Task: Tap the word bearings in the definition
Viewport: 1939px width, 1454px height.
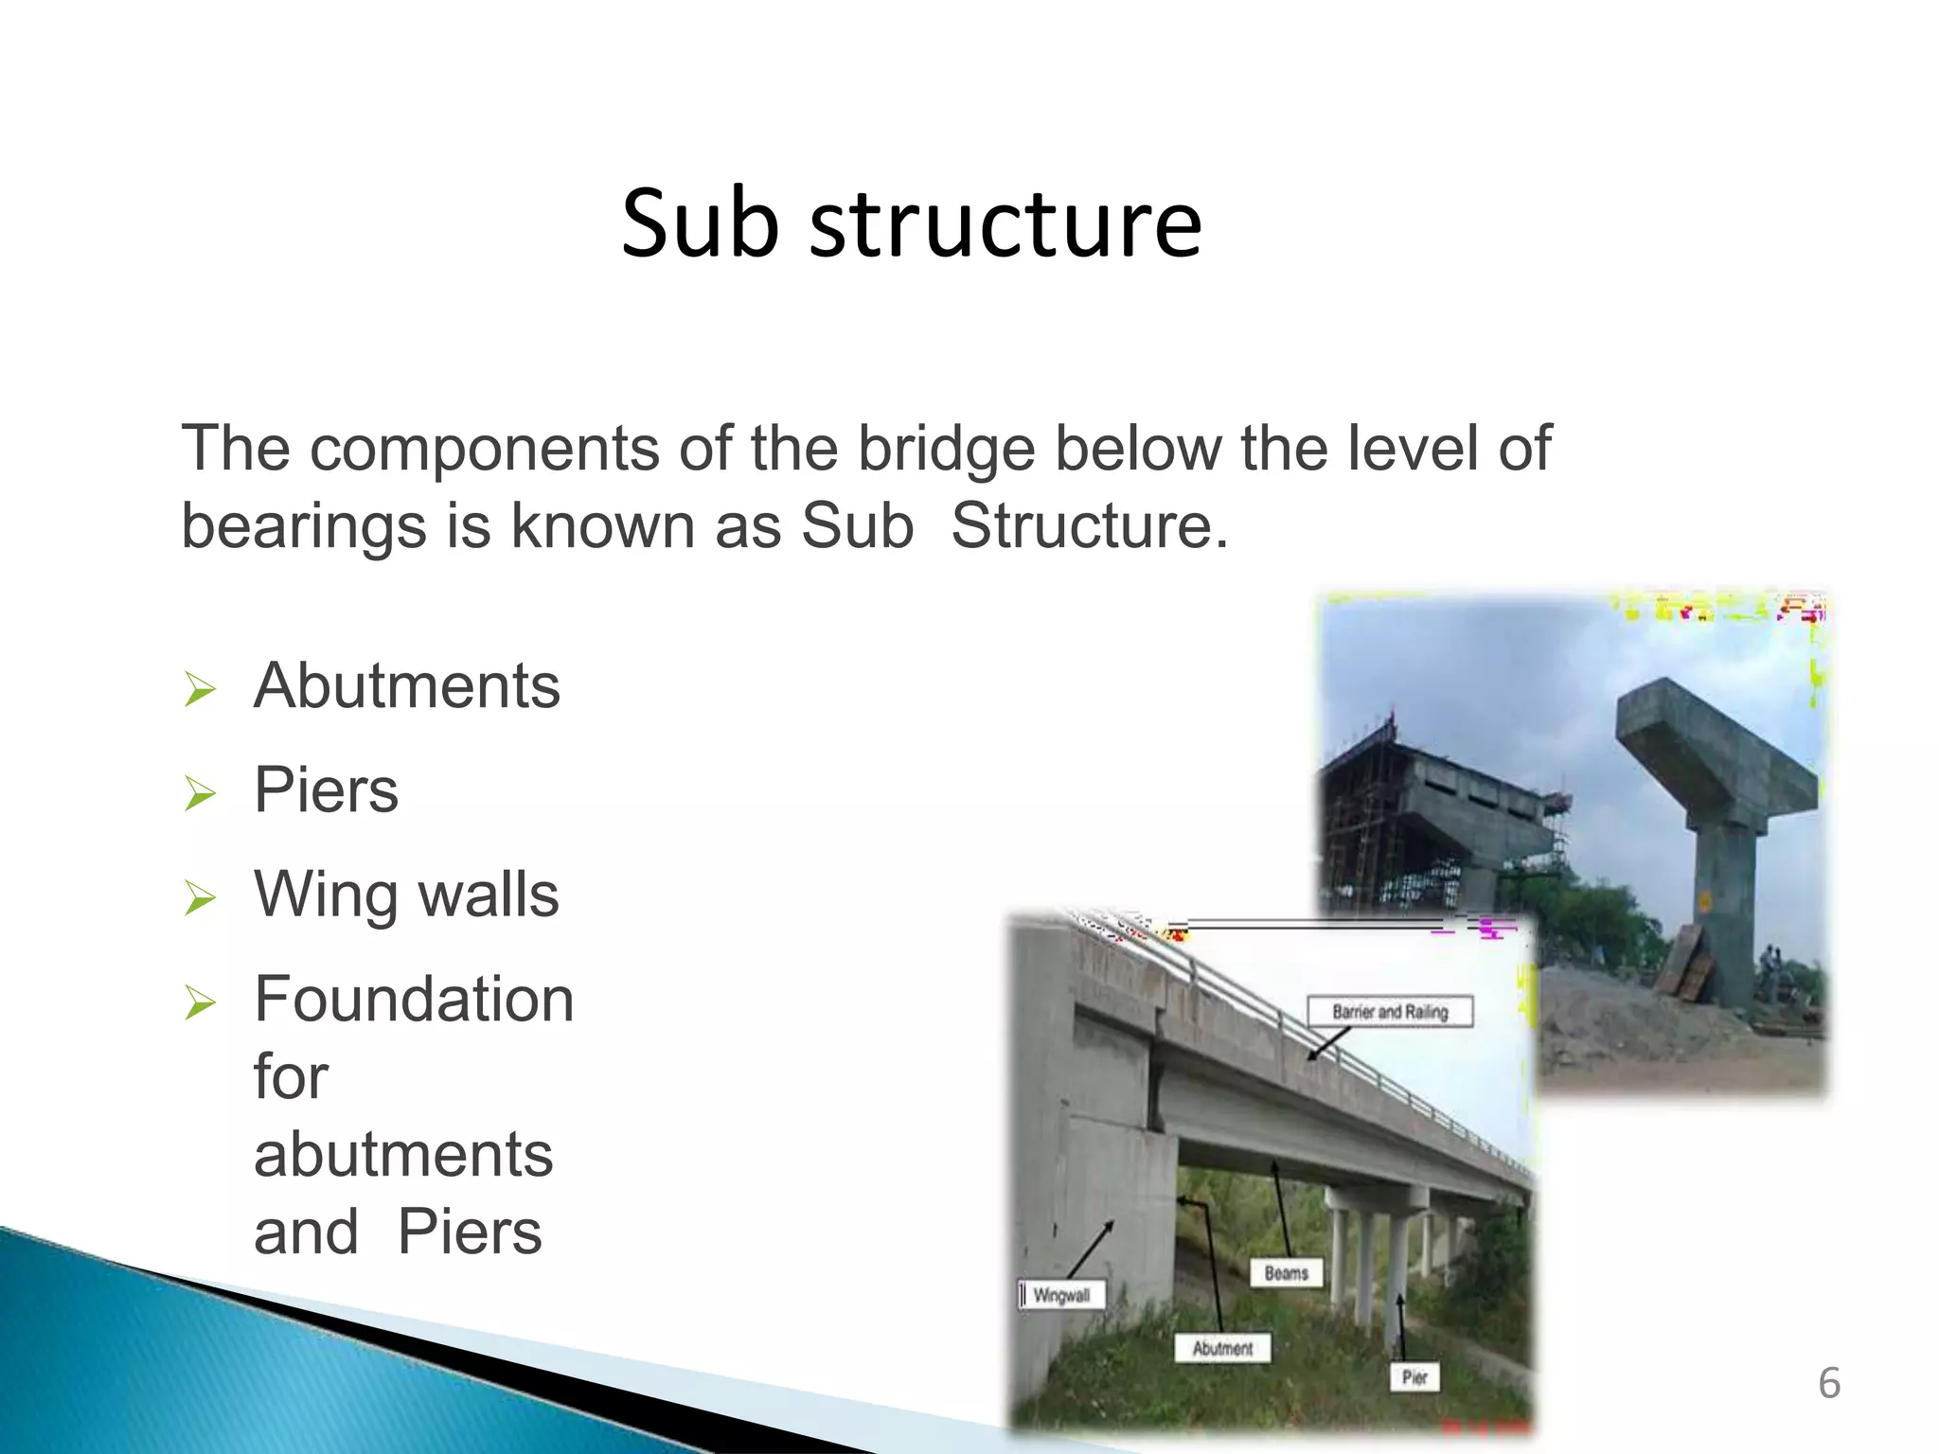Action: (x=303, y=526)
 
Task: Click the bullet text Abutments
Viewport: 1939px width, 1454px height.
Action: (x=407, y=685)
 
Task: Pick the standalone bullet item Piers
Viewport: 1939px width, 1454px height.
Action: (x=326, y=789)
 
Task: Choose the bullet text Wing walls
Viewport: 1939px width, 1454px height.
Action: (x=406, y=895)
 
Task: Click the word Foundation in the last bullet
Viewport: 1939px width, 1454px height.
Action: (x=414, y=1000)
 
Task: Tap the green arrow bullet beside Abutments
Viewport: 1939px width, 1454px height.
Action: (x=201, y=689)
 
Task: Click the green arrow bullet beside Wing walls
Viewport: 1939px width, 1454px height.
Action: (x=201, y=898)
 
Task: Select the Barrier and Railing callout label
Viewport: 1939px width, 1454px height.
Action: (x=1390, y=1012)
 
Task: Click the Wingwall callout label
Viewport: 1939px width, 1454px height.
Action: (x=1061, y=1295)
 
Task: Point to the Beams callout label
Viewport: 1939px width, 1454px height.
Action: (x=1286, y=1273)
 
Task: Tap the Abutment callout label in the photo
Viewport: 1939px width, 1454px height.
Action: (x=1222, y=1348)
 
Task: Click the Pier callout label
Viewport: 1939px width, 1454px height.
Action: (x=1414, y=1377)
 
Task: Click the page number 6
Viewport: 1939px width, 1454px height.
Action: (x=1829, y=1384)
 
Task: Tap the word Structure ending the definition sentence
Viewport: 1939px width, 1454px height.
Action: (x=1088, y=526)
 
